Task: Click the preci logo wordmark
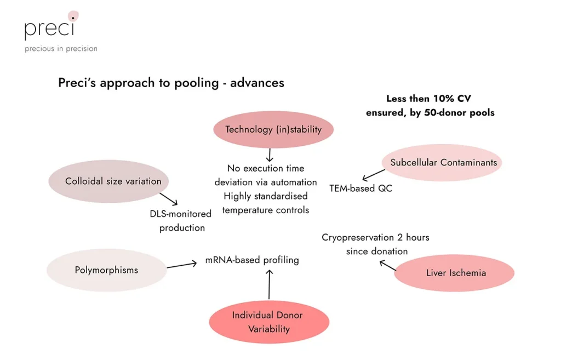coord(49,27)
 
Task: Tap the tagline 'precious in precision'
coord(61,49)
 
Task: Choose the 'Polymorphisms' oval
coord(106,270)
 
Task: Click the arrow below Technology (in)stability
coord(269,155)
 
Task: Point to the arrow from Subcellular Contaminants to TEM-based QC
coord(374,175)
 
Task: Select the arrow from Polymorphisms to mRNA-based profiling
coord(181,265)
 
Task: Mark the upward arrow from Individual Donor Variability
coord(269,285)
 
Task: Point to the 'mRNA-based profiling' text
coord(252,260)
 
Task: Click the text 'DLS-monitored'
coord(180,214)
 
